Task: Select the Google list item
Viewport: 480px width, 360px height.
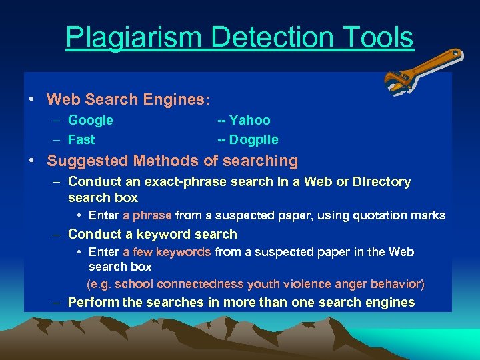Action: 91,121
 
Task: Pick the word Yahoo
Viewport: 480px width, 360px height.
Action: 250,121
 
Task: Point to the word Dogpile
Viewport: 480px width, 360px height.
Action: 253,140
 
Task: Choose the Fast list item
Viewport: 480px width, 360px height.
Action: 81,140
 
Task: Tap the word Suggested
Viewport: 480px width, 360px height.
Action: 88,161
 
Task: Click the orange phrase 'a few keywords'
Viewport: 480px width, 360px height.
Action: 167,252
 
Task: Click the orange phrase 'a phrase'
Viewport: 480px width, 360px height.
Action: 147,215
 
